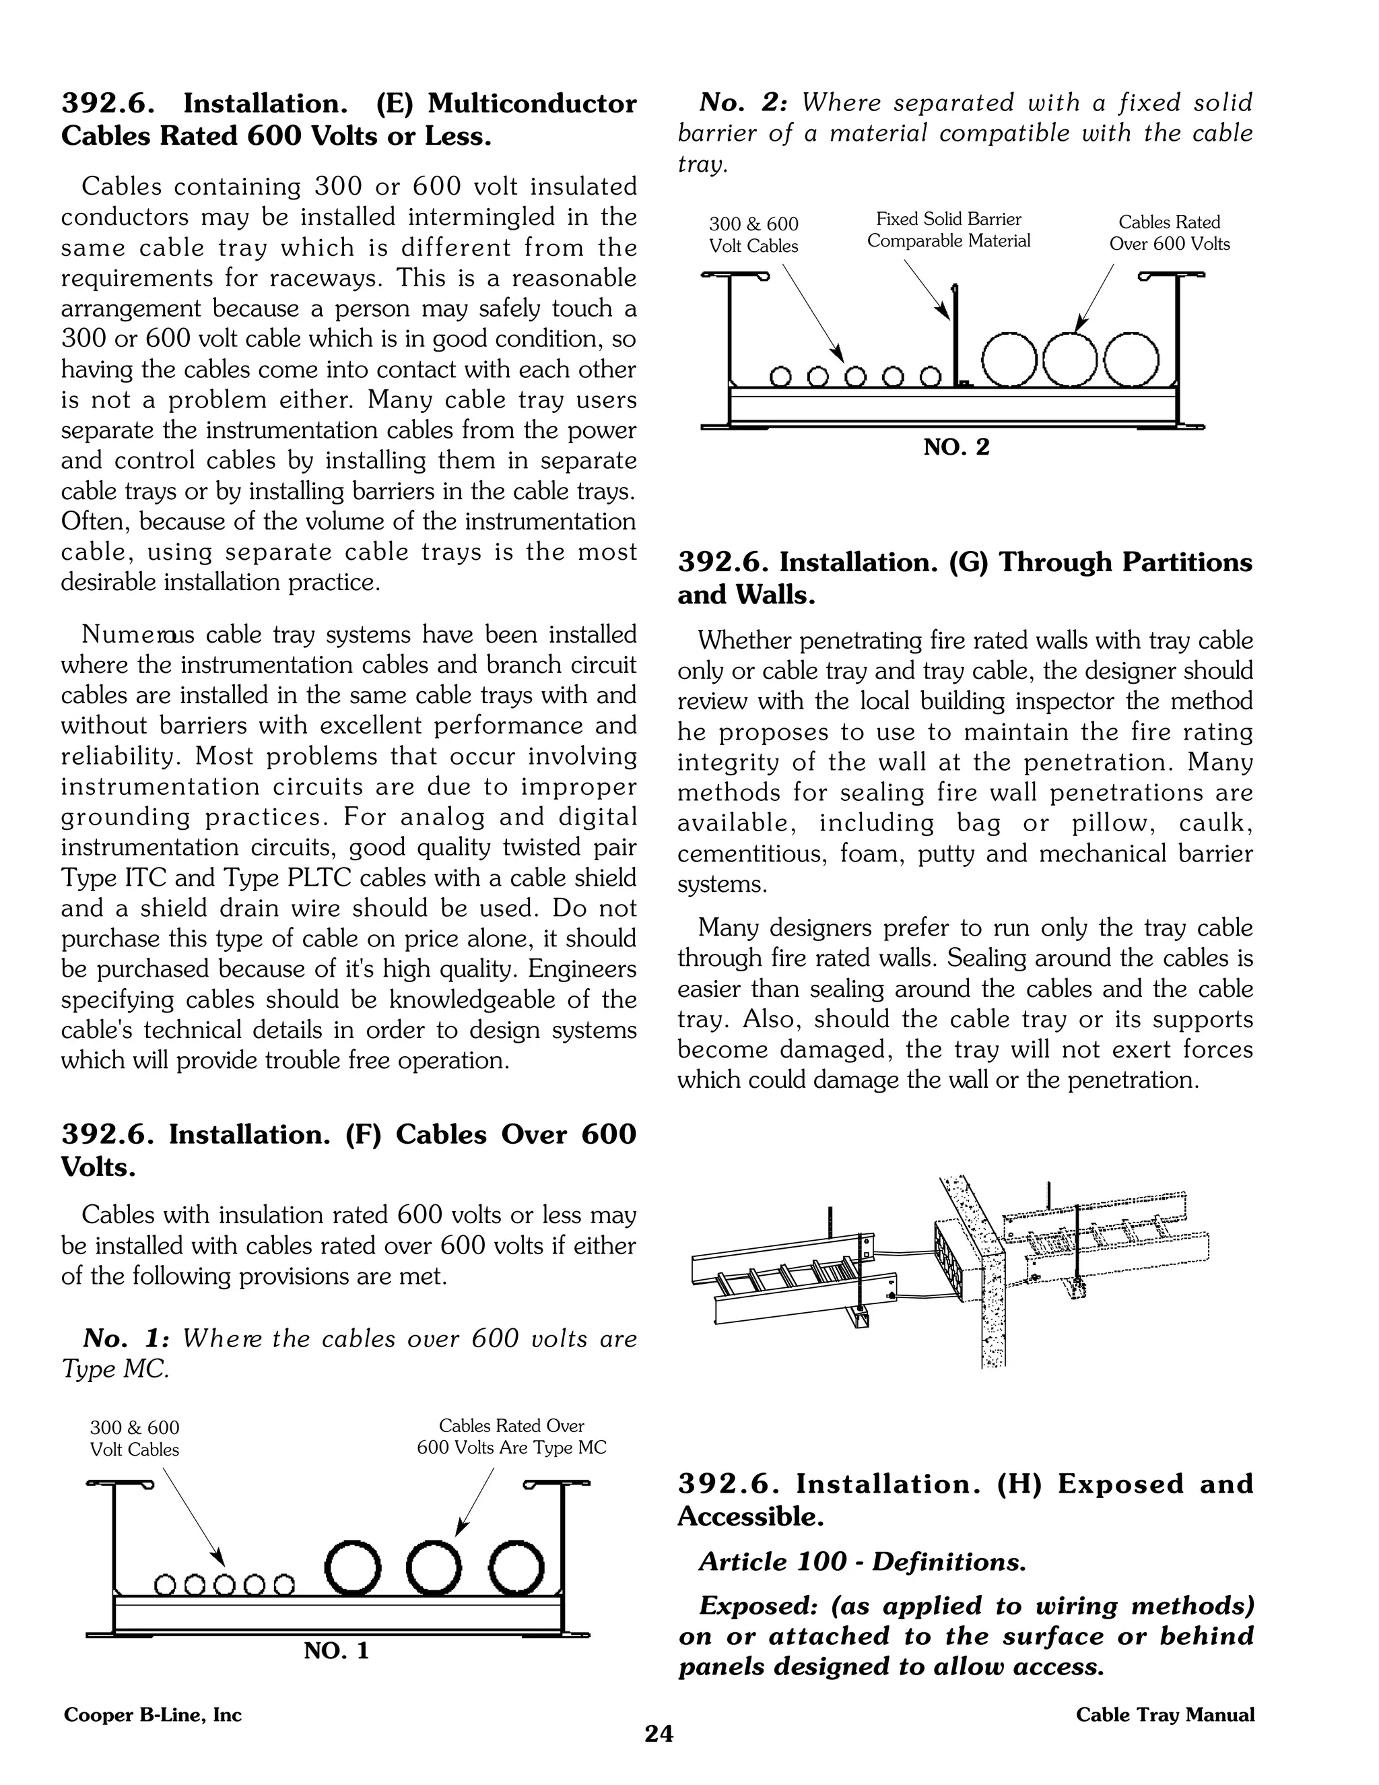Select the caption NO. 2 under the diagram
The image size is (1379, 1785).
tap(956, 447)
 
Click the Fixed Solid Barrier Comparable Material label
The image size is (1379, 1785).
tap(949, 230)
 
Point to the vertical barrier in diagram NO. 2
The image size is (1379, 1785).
tap(953, 335)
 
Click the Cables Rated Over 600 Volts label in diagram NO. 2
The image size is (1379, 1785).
tap(1169, 233)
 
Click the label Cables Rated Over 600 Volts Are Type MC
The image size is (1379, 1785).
tap(512, 1437)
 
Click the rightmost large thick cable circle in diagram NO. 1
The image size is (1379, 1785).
tap(517, 1569)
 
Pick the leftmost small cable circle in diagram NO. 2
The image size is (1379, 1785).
tap(782, 377)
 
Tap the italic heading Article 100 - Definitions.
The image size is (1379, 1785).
tap(863, 1562)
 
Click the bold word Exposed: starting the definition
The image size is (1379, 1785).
tap(759, 1606)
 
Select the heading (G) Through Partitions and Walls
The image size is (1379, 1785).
tap(964, 578)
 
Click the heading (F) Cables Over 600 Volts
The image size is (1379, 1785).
tap(348, 1150)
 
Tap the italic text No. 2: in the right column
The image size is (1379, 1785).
tap(743, 103)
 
